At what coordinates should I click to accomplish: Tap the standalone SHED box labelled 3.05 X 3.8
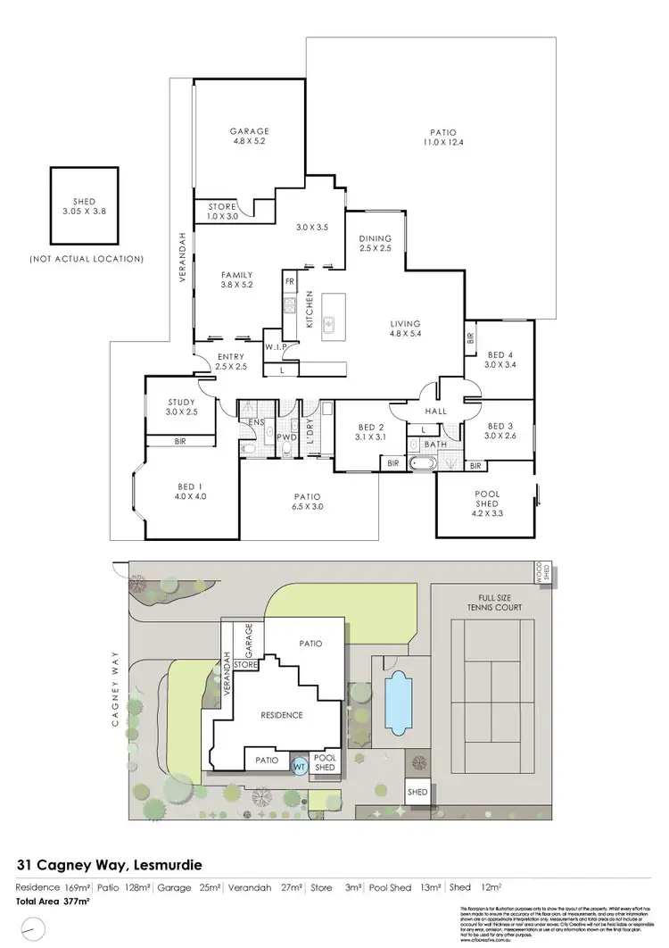pyautogui.click(x=84, y=207)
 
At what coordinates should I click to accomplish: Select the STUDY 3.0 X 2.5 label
pyautogui.click(x=182, y=407)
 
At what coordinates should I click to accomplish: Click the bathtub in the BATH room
pyautogui.click(x=422, y=464)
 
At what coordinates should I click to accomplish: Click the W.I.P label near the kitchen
pyautogui.click(x=275, y=346)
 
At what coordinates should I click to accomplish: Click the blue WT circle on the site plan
pyautogui.click(x=300, y=764)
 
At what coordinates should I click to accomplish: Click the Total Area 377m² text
pyautogui.click(x=54, y=902)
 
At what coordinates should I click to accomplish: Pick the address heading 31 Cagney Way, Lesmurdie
pyautogui.click(x=111, y=865)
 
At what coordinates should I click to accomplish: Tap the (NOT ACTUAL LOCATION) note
pyautogui.click(x=87, y=259)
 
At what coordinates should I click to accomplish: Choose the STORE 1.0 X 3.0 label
pyautogui.click(x=216, y=212)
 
